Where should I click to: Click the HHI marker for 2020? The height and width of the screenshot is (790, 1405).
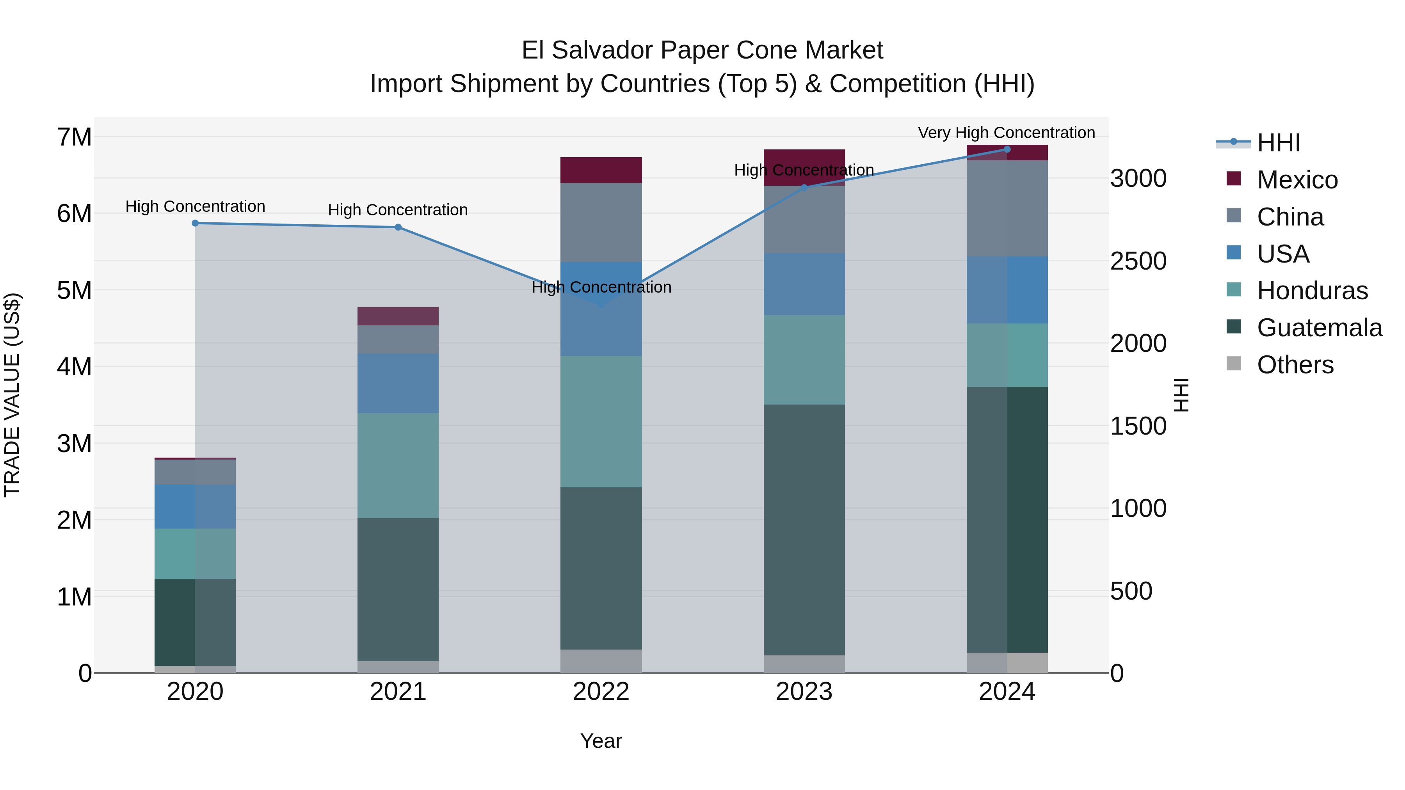pyautogui.click(x=195, y=223)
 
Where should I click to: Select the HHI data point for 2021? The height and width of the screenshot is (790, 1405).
pyautogui.click(x=398, y=227)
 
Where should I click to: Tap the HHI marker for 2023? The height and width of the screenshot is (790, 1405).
pyautogui.click(x=804, y=188)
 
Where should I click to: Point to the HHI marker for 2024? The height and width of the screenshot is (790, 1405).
pyautogui.click(x=1007, y=149)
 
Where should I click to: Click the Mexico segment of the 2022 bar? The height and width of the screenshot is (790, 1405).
pyautogui.click(x=601, y=170)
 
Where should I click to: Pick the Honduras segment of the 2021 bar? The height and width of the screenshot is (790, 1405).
pyautogui.click(x=398, y=465)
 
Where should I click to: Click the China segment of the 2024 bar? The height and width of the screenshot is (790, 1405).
pyautogui.click(x=1007, y=208)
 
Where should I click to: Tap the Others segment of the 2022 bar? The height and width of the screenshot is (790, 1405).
pyautogui.click(x=601, y=661)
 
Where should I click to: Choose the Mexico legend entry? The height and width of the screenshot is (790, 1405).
pyautogui.click(x=1297, y=180)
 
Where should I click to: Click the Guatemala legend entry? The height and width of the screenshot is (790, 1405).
pyautogui.click(x=1319, y=328)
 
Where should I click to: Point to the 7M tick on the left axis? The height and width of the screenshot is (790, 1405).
pyautogui.click(x=75, y=137)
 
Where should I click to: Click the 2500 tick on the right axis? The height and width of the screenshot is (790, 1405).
pyautogui.click(x=1138, y=261)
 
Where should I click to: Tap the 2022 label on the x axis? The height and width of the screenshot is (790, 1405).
pyautogui.click(x=601, y=692)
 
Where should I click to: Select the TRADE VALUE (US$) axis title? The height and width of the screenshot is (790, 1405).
pyautogui.click(x=12, y=395)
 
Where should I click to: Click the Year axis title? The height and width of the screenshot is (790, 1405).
pyautogui.click(x=601, y=741)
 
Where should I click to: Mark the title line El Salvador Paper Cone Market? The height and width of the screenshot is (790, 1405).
pyautogui.click(x=702, y=50)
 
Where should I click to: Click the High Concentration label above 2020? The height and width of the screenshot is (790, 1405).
pyautogui.click(x=195, y=207)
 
